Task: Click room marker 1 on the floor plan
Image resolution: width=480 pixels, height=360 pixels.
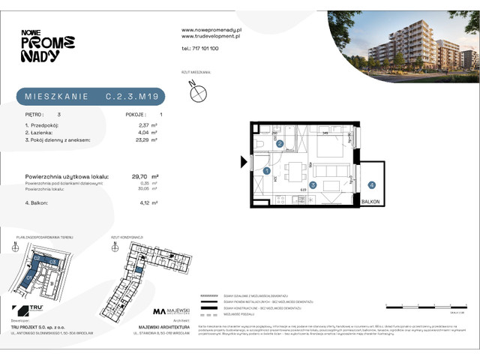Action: tap(268, 171)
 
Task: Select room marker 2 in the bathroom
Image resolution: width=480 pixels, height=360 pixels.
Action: tap(279, 143)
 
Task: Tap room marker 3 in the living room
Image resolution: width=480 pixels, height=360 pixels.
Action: tap(314, 185)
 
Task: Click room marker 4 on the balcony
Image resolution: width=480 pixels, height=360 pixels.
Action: tap(371, 184)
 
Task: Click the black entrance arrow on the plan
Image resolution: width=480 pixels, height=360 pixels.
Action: tap(244, 161)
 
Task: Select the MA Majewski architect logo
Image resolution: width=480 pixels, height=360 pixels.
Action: tap(172, 311)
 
